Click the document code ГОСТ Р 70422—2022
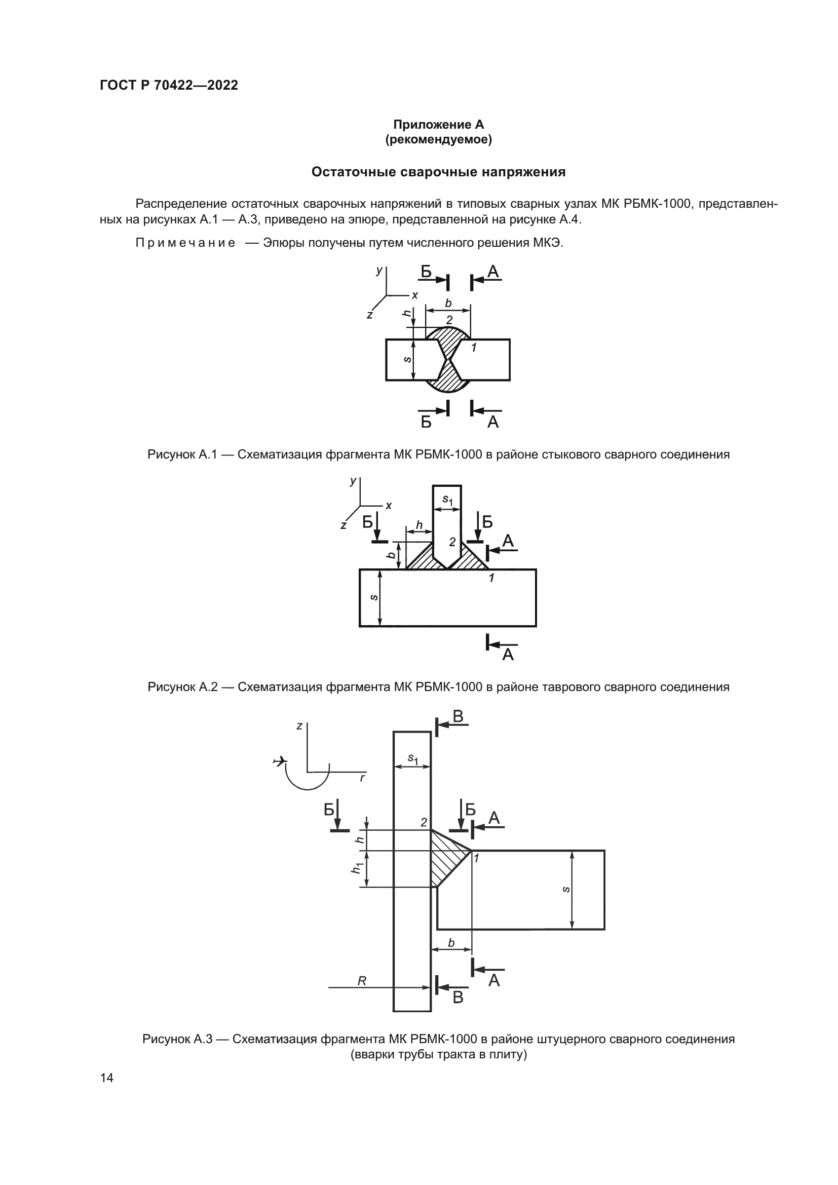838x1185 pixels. (169, 86)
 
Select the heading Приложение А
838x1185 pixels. (438, 125)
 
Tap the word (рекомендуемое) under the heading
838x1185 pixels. (438, 139)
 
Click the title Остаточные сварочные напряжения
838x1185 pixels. (438, 172)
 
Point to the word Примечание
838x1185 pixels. (185, 243)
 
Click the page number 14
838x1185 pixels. (107, 1078)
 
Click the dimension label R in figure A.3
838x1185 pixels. (362, 981)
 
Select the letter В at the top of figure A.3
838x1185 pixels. (458, 717)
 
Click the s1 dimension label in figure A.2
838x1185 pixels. (447, 500)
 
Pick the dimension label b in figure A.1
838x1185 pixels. (448, 303)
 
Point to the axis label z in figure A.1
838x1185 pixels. (369, 315)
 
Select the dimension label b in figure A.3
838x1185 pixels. (451, 943)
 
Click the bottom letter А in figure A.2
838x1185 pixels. (508, 655)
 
